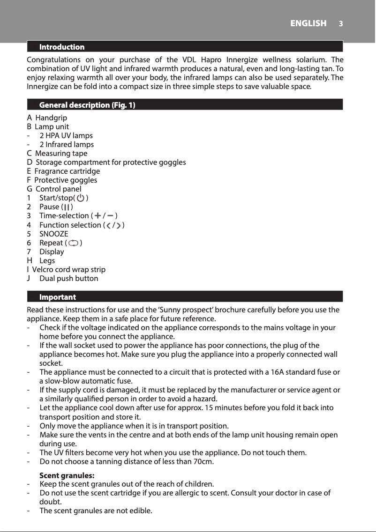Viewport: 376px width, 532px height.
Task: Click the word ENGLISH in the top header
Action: point(308,23)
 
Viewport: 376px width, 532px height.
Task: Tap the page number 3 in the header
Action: point(341,23)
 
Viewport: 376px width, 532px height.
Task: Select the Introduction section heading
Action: point(62,47)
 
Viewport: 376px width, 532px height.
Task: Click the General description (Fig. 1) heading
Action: point(87,105)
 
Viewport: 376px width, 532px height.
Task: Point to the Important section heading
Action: point(57,297)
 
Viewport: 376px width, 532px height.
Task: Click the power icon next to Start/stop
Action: point(81,198)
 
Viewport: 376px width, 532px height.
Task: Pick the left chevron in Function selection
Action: point(108,225)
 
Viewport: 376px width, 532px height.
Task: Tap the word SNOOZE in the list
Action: point(53,234)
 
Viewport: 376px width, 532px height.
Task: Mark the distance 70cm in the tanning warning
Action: point(203,462)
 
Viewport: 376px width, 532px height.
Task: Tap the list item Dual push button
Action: point(68,279)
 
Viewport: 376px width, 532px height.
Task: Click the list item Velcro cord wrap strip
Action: point(68,270)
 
